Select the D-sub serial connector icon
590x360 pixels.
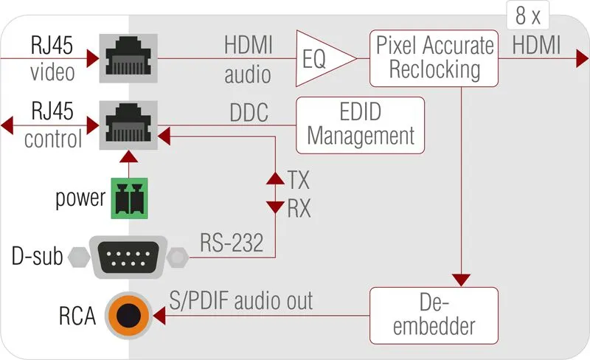pos(131,257)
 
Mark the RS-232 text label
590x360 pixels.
pos(231,243)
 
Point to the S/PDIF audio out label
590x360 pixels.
pos(242,300)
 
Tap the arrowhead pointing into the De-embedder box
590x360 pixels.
pos(461,280)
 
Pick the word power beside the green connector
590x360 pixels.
pos(80,199)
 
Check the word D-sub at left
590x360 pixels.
pos(37,257)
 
